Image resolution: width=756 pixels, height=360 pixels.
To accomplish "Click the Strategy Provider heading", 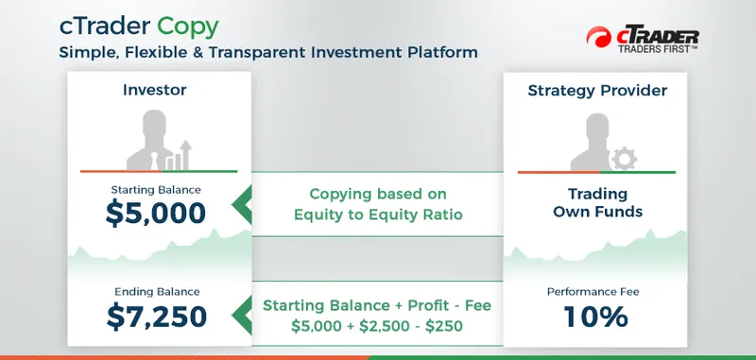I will coord(597,92).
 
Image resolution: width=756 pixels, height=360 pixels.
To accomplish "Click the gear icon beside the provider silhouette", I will coord(625,159).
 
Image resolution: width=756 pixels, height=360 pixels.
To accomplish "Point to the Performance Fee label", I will coord(597,292).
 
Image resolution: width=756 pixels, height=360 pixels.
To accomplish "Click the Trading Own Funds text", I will coord(597,202).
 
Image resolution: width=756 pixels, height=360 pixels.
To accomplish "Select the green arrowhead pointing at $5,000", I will coord(242,201).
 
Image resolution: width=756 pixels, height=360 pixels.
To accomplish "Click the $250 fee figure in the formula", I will coord(449,327).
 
